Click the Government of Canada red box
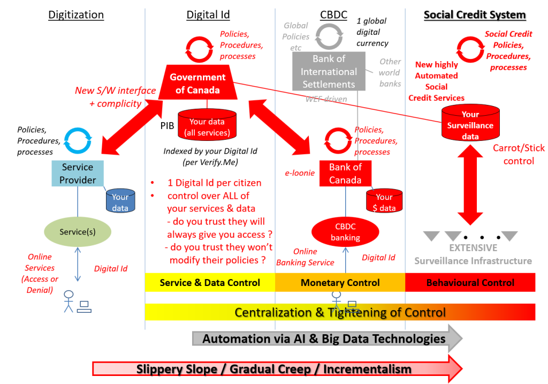(197, 84)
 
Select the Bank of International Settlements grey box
(329, 71)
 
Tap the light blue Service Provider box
(77, 174)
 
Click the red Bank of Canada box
(345, 174)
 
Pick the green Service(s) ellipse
(77, 232)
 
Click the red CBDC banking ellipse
(345, 232)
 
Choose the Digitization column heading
(76, 15)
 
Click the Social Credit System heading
(474, 15)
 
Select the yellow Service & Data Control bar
(210, 282)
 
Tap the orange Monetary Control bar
(340, 282)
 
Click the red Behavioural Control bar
(470, 282)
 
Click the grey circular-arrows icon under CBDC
(329, 36)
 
